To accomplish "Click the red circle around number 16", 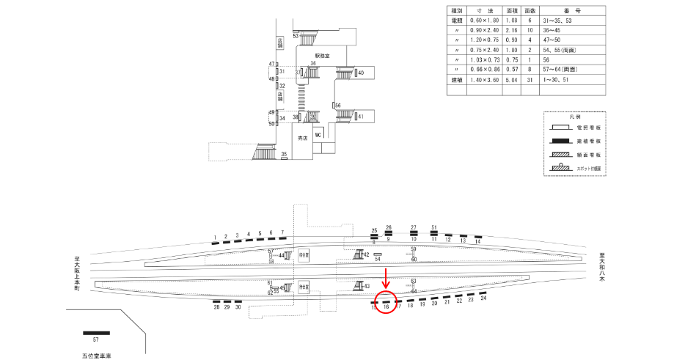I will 386,304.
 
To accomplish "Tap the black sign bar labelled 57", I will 96,333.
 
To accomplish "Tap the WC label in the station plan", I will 318,136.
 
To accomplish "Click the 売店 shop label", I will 301,138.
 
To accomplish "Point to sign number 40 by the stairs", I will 361,73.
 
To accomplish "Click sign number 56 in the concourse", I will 338,106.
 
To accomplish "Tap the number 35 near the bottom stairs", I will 284,154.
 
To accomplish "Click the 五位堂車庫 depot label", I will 96,355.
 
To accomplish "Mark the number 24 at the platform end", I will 483,298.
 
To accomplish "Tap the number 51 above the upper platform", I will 434,227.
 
